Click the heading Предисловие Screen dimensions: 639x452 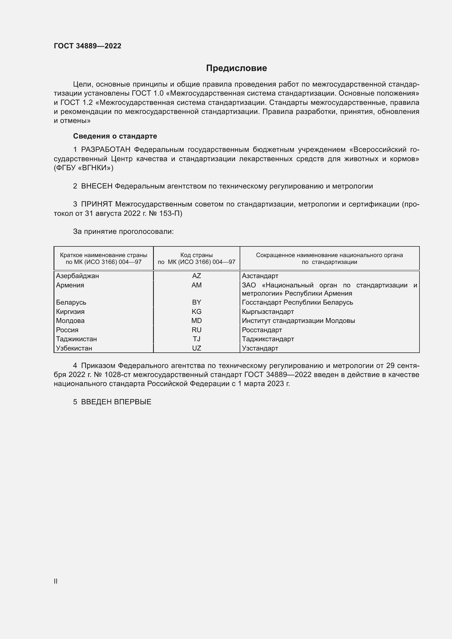tap(236, 68)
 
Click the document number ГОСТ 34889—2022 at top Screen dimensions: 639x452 tap(87, 46)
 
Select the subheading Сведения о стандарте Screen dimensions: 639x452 tap(115, 136)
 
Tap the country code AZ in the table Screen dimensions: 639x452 tap(196, 276)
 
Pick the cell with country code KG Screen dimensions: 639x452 tap(196, 311)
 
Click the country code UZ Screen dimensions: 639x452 tap(196, 348)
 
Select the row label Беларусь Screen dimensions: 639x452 tap(71, 302)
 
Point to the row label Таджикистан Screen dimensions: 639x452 tap(76, 339)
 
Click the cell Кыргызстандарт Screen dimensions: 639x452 tap(268, 311)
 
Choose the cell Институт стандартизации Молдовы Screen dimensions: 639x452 tap(298, 321)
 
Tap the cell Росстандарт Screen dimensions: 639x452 tap(262, 330)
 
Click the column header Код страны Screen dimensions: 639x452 tap(196, 255)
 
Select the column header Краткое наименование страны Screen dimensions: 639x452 tap(104, 255)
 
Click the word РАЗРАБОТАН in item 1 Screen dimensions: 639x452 tap(105, 150)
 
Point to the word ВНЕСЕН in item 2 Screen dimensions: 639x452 tap(96, 186)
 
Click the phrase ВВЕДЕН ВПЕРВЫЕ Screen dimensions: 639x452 tap(116, 402)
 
